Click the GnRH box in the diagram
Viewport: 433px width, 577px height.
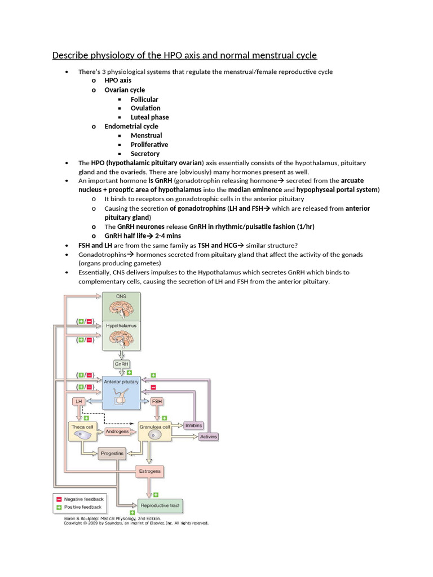tap(121, 365)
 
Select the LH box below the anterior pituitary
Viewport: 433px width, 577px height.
tap(79, 401)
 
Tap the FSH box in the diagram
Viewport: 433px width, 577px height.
tap(157, 401)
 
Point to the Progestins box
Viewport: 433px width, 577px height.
tap(112, 452)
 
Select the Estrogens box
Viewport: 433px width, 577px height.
tap(149, 471)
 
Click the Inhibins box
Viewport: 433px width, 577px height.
tap(193, 425)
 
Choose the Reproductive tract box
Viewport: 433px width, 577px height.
tap(160, 505)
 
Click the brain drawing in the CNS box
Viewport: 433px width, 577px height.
tap(121, 308)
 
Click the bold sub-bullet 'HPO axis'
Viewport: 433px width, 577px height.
tap(118, 81)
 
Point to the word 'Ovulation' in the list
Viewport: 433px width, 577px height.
tap(145, 108)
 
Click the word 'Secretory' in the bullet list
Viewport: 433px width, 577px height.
tap(145, 153)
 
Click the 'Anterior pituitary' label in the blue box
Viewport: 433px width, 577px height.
tap(121, 382)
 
